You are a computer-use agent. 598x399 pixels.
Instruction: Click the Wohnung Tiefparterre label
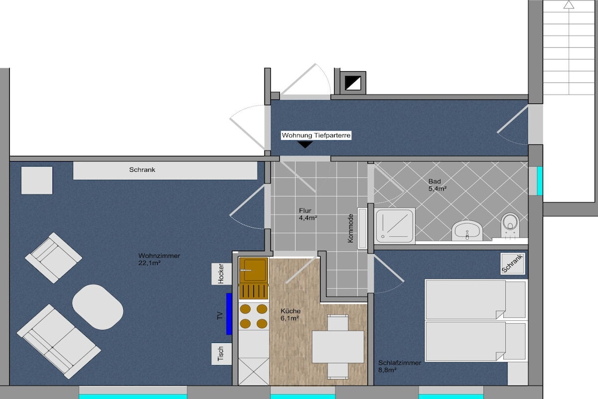(316, 136)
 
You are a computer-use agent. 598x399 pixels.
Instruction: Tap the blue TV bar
(229, 314)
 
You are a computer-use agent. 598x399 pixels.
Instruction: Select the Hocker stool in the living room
(221, 273)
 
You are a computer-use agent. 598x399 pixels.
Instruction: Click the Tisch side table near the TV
(221, 353)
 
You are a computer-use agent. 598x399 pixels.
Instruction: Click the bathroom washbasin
(467, 230)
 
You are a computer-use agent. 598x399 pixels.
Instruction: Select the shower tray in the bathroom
(395, 226)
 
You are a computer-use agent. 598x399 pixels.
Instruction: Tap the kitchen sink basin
(253, 270)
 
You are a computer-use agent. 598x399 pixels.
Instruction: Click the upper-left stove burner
(245, 308)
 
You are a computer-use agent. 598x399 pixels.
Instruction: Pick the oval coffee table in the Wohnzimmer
(98, 307)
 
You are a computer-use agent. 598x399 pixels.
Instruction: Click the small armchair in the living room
(53, 258)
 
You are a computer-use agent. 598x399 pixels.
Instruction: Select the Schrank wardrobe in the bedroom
(513, 263)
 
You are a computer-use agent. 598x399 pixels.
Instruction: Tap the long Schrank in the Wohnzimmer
(165, 171)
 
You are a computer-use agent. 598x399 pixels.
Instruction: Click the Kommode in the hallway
(362, 228)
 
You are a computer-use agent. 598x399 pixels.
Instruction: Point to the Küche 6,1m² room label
(290, 315)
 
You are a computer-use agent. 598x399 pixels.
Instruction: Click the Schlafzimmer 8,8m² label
(399, 366)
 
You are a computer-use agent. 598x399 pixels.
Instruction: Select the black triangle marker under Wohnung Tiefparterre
(305, 144)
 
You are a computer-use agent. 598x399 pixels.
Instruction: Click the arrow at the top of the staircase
(569, 4)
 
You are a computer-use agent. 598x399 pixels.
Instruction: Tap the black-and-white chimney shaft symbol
(353, 83)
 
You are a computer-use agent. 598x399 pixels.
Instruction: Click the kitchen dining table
(338, 347)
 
